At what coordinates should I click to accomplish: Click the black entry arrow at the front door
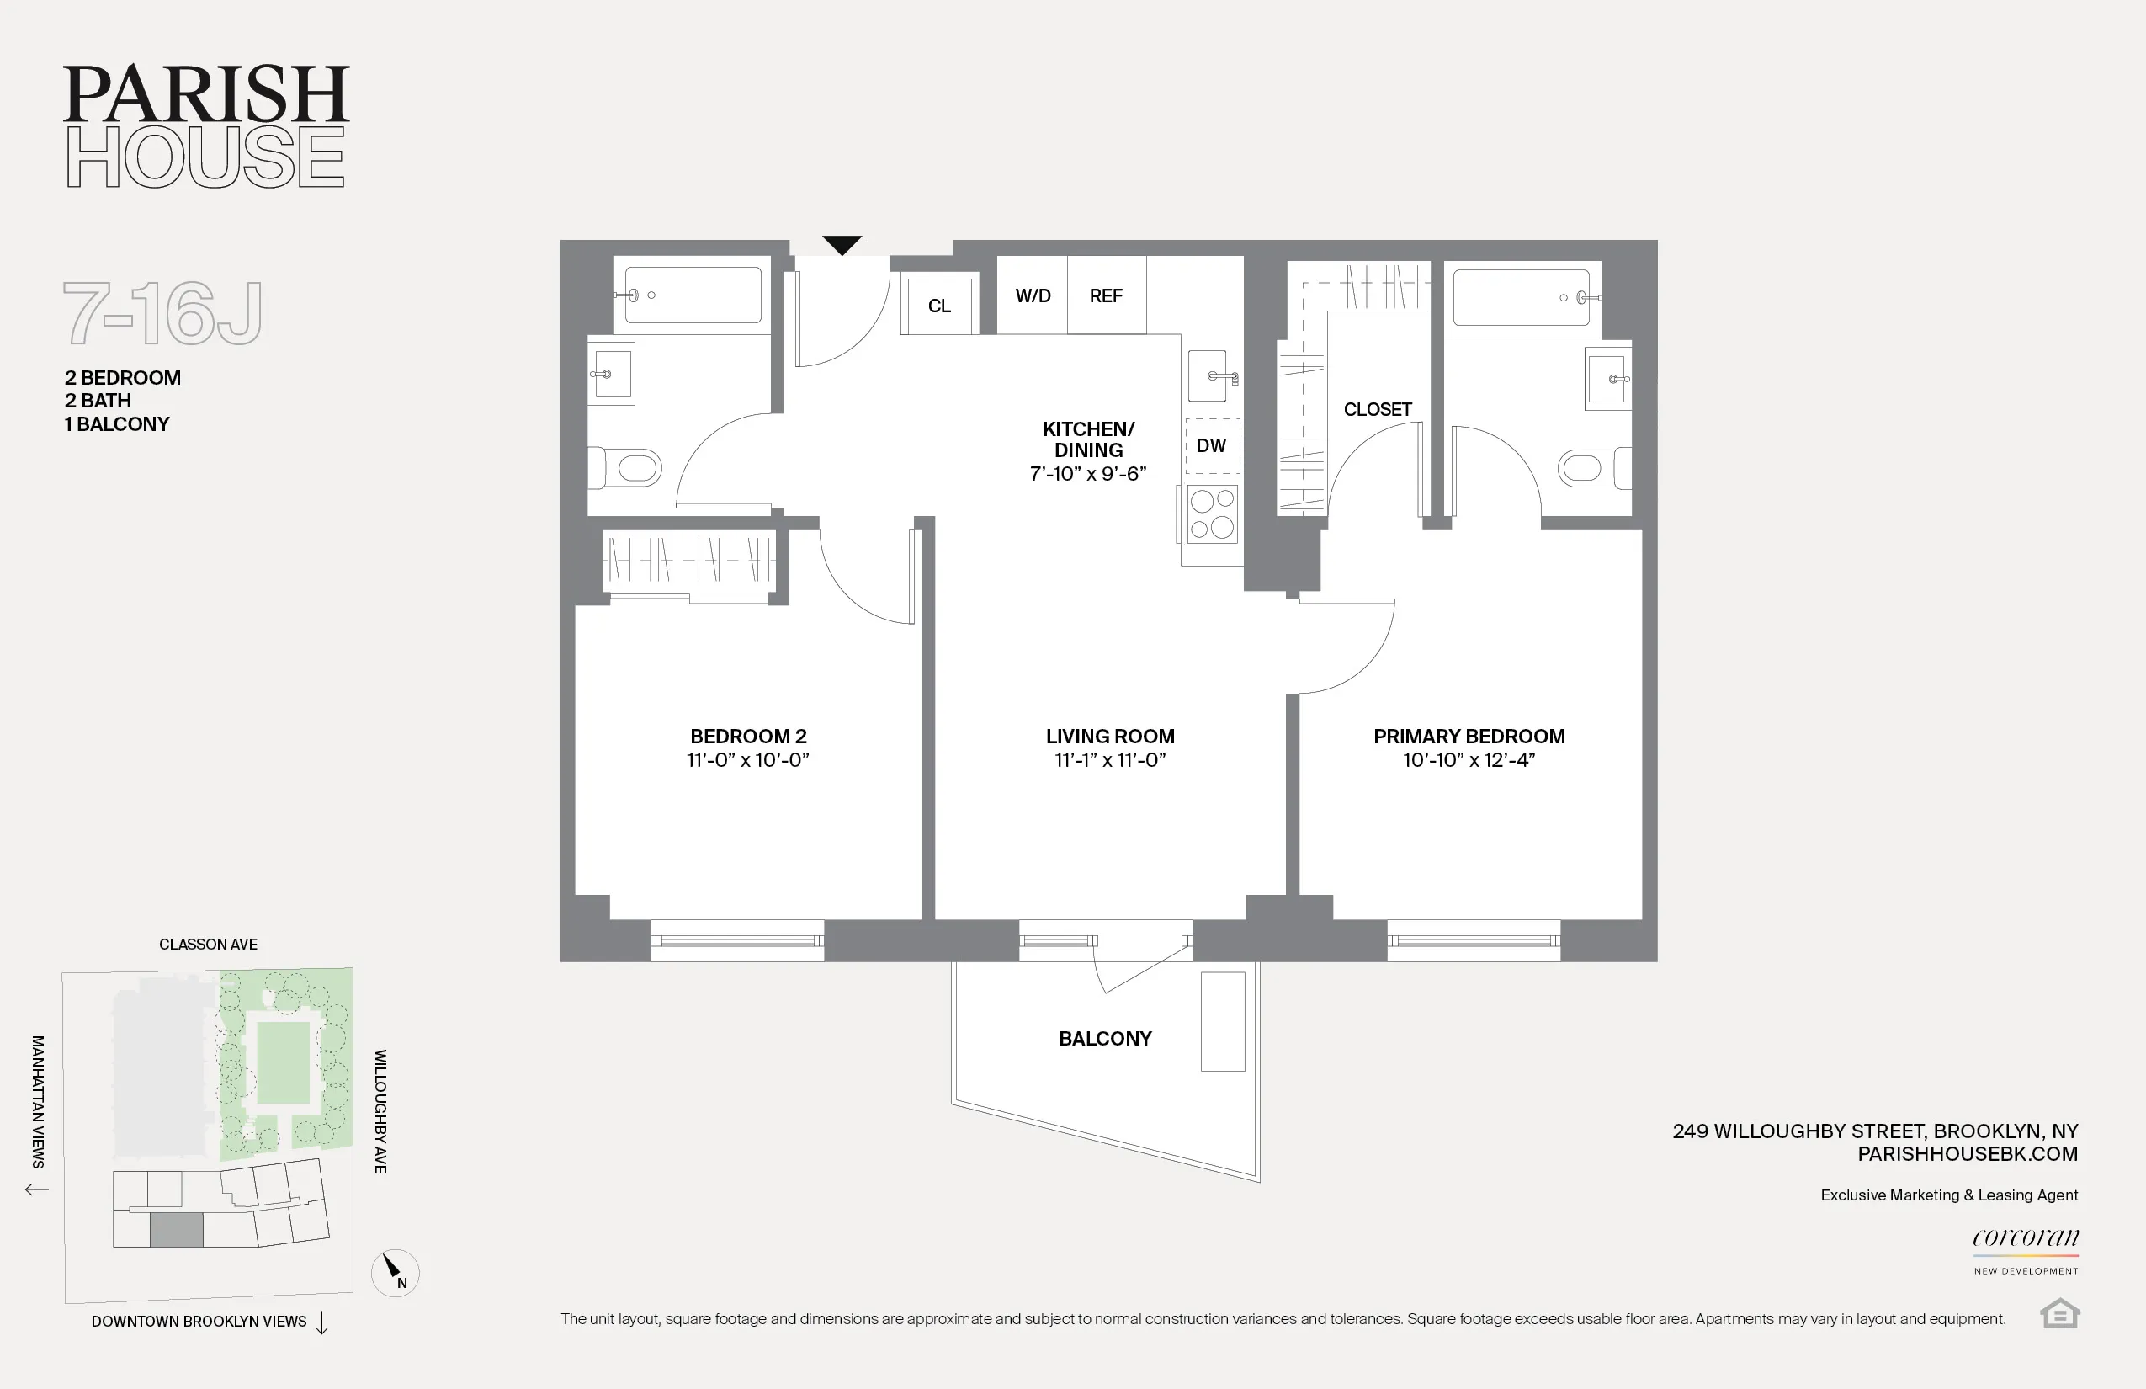(x=842, y=244)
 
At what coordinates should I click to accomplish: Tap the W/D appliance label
(x=1033, y=295)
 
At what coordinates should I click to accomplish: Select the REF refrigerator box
(x=1107, y=295)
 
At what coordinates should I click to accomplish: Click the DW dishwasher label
(x=1211, y=445)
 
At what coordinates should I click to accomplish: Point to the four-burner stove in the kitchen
(x=1212, y=514)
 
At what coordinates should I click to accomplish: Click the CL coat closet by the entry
(x=939, y=306)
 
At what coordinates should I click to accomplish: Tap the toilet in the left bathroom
(x=629, y=468)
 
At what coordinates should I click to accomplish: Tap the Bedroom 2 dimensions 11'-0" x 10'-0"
(x=747, y=760)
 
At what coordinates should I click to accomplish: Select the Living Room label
(x=1110, y=736)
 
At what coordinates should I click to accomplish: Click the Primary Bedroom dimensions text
(x=1469, y=760)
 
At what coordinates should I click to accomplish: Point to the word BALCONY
(x=1104, y=1039)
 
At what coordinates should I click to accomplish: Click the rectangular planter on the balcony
(x=1223, y=1021)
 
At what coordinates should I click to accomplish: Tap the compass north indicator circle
(x=395, y=1273)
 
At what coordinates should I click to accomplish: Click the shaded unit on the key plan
(x=176, y=1230)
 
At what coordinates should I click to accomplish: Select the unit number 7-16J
(x=163, y=313)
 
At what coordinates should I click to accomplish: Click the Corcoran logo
(x=2025, y=1238)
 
